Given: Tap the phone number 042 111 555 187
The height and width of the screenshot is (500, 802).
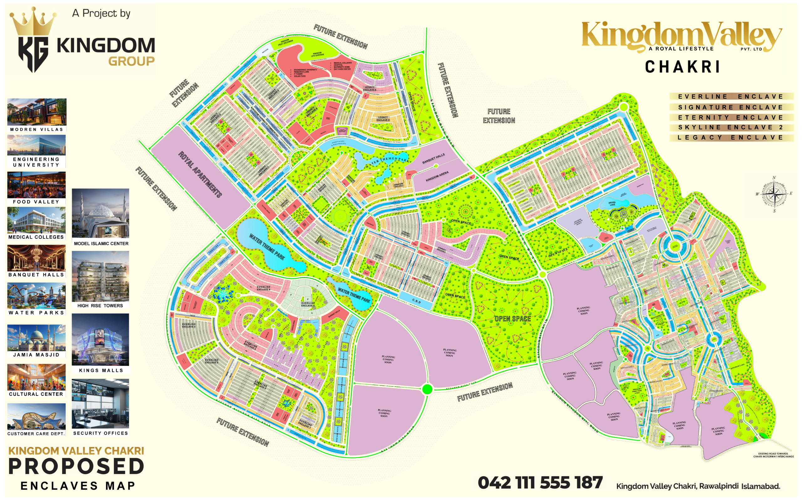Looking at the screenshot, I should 540,482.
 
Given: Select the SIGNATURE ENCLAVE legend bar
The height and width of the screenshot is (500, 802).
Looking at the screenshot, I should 731,107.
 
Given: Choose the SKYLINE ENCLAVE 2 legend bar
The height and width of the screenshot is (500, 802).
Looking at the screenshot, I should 731,127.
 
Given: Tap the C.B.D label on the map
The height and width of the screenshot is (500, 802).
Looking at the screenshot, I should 416,301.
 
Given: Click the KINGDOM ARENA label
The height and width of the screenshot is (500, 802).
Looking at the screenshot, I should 437,176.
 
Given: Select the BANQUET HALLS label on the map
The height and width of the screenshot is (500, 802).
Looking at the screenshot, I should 433,159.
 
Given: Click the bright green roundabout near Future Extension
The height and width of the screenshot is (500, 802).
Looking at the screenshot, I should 427,389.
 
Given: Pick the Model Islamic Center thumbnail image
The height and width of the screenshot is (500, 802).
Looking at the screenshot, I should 101,213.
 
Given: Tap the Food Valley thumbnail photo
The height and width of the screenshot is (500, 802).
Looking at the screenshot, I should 36,185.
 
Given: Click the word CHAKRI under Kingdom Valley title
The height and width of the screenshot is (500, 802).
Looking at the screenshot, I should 682,67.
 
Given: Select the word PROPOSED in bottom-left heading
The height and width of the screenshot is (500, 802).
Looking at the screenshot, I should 76,466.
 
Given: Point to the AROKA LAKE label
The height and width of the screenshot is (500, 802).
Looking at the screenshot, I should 612,203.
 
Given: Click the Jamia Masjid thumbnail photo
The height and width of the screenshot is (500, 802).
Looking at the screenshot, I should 36,338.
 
